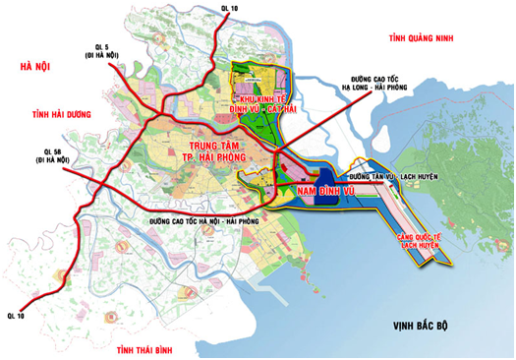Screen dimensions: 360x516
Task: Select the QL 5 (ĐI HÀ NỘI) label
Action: tap(102, 51)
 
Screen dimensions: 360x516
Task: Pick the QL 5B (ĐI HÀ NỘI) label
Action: tap(54, 155)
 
